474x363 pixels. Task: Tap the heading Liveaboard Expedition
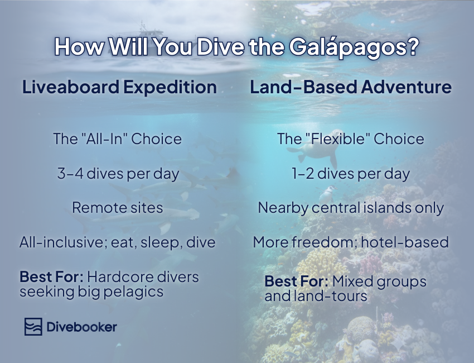point(119,88)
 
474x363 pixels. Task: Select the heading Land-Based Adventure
point(351,88)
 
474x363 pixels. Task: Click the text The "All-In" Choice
point(118,138)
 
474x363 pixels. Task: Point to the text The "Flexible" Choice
point(351,138)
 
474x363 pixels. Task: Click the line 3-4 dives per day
point(118,174)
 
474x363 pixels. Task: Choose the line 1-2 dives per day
point(351,174)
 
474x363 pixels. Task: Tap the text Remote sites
point(118,208)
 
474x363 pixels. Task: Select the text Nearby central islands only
point(351,208)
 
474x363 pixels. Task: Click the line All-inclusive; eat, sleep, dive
point(118,243)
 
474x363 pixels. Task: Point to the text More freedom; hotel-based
point(351,243)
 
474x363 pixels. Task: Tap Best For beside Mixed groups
point(296,281)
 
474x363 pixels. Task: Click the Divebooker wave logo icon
point(33,327)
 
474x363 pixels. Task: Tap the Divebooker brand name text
point(81,327)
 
